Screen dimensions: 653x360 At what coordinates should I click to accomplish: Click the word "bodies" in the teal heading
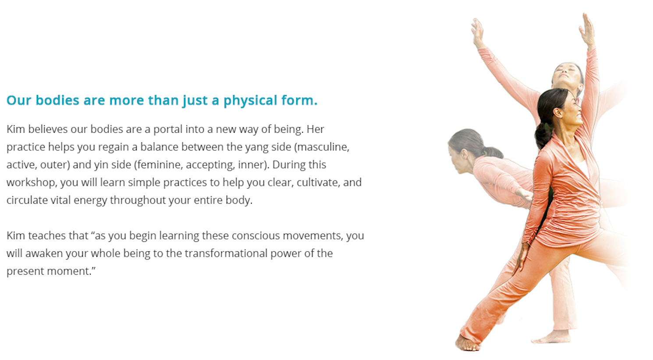[57, 100]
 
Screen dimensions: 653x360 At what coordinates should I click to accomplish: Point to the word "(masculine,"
[322, 147]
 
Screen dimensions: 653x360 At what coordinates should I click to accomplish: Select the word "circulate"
[27, 201]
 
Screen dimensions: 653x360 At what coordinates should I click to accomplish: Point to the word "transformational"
[226, 254]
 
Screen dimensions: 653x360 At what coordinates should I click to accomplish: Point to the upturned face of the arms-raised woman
[566, 74]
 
